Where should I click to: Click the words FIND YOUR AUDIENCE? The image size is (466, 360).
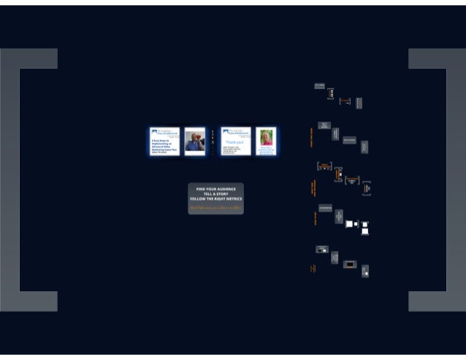tap(215, 188)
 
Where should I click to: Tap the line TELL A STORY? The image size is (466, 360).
tap(215, 194)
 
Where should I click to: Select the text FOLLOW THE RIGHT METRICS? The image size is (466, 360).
tap(215, 199)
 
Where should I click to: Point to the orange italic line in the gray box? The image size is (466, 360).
tap(215, 208)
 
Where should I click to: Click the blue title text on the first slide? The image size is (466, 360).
tap(164, 145)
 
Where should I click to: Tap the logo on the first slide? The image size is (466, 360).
tap(164, 132)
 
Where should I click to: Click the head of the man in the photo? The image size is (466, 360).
tap(195, 136)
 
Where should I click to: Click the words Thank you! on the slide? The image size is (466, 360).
tap(235, 142)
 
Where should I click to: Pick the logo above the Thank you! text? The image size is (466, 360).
tap(235, 132)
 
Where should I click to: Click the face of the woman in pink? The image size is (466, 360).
tap(267, 134)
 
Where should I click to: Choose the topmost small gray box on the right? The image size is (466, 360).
tap(319, 85)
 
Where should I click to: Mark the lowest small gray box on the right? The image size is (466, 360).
tap(365, 271)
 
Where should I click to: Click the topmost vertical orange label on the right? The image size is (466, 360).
tap(311, 138)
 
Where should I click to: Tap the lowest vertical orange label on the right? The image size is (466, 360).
tap(312, 269)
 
